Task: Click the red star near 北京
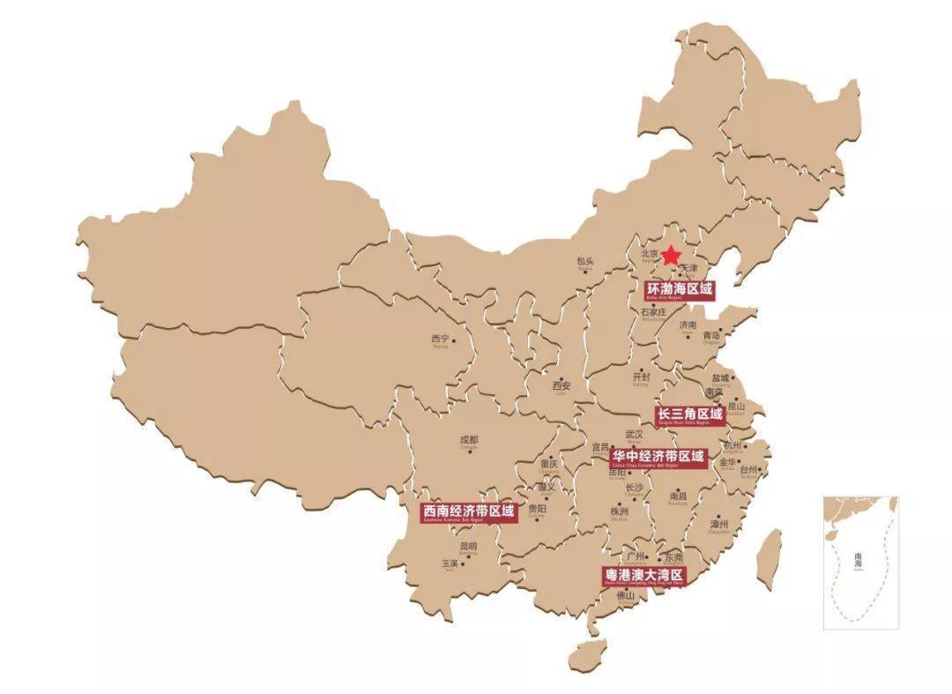(671, 256)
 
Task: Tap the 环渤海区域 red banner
(679, 290)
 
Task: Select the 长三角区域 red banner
(690, 414)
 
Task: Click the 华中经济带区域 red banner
(659, 457)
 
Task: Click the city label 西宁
(440, 339)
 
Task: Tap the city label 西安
(562, 385)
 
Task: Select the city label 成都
(468, 440)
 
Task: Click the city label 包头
(585, 262)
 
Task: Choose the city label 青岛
(711, 335)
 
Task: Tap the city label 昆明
(467, 547)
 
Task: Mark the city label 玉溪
(450, 563)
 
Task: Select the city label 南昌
(678, 496)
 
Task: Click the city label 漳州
(719, 524)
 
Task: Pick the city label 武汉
(634, 434)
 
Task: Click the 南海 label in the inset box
(859, 559)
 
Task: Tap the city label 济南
(688, 325)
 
